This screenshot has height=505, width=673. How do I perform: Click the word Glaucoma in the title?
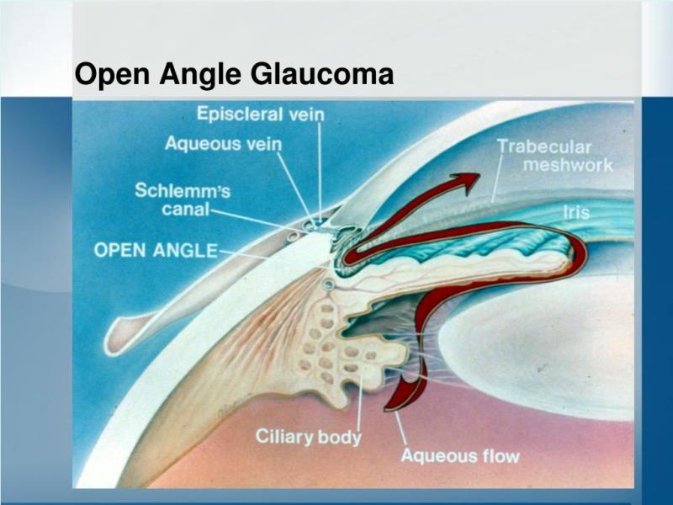point(322,74)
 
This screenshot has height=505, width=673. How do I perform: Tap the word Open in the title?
point(113,75)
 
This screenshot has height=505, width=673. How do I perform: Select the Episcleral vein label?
point(261,114)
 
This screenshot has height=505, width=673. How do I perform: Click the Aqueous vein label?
point(223,143)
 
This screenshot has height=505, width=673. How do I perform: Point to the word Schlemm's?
point(183,190)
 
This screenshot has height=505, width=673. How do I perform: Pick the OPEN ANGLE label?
point(156,250)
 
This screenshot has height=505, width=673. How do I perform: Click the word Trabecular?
point(544,146)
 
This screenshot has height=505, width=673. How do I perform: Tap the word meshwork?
point(568,165)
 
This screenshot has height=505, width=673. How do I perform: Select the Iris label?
point(576,212)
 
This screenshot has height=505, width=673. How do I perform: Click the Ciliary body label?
point(309,437)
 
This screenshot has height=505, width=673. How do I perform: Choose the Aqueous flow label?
point(460,455)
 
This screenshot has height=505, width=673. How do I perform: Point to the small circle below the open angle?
point(329,284)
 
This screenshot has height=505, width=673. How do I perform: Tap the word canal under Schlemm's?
point(185,210)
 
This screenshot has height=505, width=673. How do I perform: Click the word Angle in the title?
point(200,75)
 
